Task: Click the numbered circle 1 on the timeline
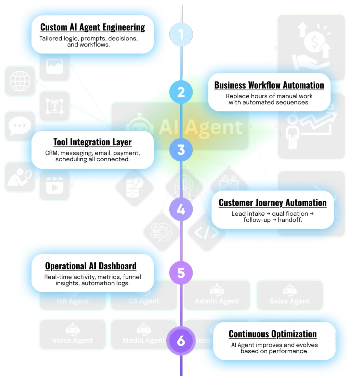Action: click(181, 35)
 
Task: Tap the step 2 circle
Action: click(181, 92)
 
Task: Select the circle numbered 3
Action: click(181, 150)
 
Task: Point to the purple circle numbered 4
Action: click(181, 209)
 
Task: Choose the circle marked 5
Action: click(181, 273)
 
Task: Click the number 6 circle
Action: click(181, 341)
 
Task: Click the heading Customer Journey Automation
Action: click(272, 203)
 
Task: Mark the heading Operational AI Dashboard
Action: click(91, 266)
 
